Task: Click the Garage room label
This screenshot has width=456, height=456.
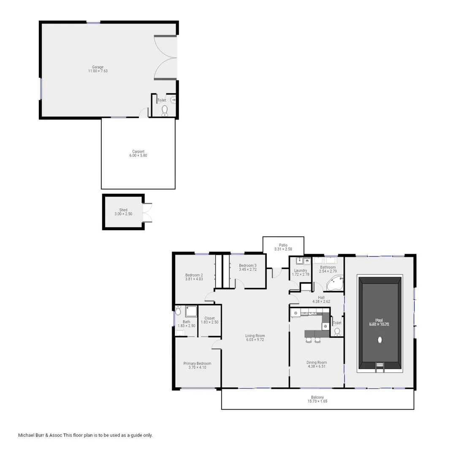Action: point(98,67)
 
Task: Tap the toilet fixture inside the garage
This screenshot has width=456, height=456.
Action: point(165,110)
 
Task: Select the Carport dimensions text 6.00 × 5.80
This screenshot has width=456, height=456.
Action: point(138,156)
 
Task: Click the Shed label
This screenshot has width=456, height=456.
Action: point(123,210)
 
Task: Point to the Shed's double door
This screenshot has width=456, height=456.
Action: point(147,212)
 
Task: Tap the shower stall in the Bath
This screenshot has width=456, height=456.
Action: point(191,311)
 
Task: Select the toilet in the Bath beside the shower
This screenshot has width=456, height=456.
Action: point(179,311)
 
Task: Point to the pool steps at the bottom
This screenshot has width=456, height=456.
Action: point(380,367)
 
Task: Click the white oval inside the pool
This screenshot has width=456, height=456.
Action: point(380,339)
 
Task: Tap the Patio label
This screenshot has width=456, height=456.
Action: point(283,245)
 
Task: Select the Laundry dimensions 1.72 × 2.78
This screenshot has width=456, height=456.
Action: point(301,275)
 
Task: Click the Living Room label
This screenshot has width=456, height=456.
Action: point(255,336)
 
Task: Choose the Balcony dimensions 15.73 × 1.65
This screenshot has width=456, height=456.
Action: point(317,401)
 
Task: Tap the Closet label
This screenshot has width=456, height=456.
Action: point(209,318)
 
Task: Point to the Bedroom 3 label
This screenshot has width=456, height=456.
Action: point(247,265)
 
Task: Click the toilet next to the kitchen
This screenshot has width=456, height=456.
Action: point(337,331)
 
